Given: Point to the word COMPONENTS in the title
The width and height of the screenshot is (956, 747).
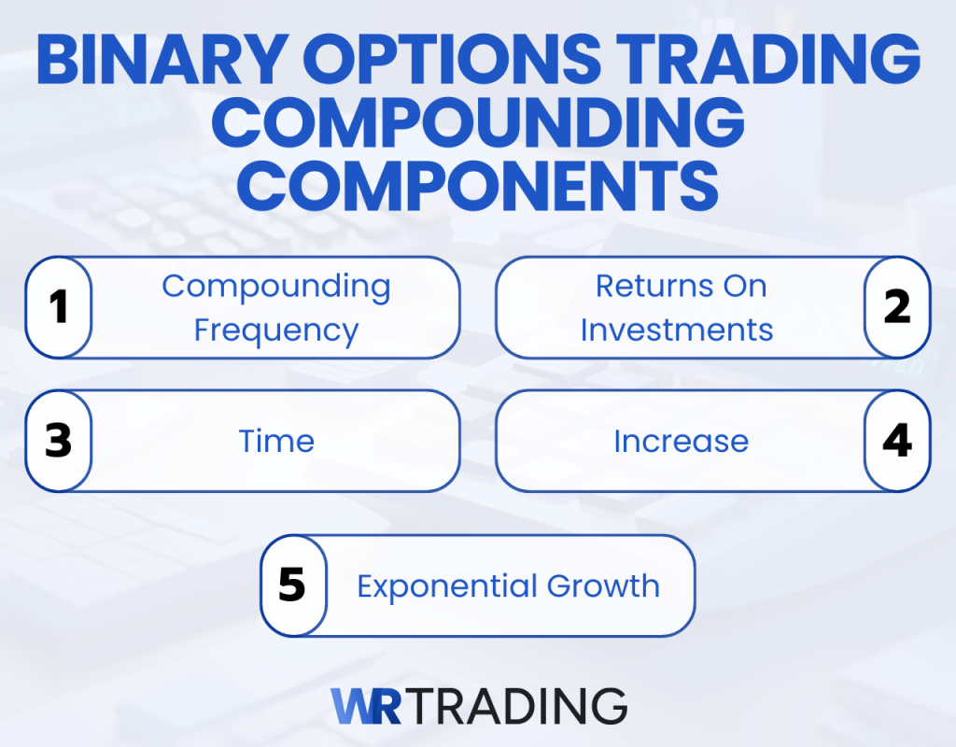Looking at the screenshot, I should [478, 186].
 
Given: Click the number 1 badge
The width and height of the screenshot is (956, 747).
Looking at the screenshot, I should [59, 307].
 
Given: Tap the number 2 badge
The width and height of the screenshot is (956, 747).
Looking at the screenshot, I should [896, 307].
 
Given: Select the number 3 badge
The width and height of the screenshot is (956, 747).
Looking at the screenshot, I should [59, 441].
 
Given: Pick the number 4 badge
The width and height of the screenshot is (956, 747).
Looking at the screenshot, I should [896, 441].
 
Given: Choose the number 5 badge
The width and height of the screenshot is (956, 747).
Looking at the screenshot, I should [292, 585].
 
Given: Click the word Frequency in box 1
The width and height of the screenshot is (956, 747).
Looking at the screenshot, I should [276, 331].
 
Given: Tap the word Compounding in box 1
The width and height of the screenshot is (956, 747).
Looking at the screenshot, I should [276, 287].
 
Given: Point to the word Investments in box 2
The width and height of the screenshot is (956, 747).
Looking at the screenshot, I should [677, 331].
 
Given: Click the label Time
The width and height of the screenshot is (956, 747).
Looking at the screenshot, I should [276, 441].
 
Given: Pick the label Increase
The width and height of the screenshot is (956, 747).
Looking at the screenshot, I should [681, 441].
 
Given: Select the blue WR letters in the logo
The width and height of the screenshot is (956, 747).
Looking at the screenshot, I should [366, 706].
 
